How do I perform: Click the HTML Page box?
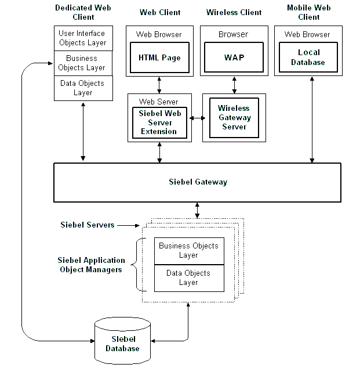click(x=159, y=57)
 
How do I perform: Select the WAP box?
click(x=233, y=57)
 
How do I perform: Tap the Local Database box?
click(x=308, y=57)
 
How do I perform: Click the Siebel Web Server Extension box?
click(x=160, y=122)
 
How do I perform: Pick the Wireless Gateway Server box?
click(x=234, y=117)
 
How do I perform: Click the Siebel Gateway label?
click(x=198, y=182)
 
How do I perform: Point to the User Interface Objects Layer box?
click(x=82, y=38)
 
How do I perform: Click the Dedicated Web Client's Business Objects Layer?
click(x=82, y=63)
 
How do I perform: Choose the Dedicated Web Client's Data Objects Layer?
click(x=82, y=88)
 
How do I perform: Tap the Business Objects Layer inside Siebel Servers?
click(x=188, y=251)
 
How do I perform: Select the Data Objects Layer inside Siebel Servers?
click(x=188, y=278)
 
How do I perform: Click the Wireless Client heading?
click(x=234, y=12)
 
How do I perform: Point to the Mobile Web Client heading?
click(x=308, y=12)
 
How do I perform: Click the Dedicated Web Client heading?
click(x=82, y=12)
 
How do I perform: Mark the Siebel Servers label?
click(x=88, y=225)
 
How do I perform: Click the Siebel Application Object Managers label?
click(x=91, y=265)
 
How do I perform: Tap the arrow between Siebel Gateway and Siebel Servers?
click(x=197, y=210)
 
